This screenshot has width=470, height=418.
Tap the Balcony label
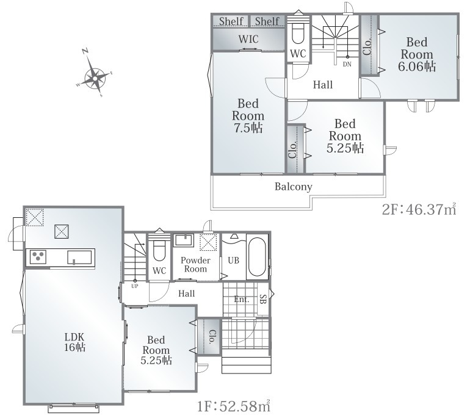click(294, 187)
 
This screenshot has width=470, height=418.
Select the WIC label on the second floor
click(248, 39)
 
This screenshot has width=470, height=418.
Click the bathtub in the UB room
click(257, 256)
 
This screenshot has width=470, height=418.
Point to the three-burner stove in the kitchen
click(38, 257)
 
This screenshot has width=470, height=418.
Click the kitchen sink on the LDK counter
click(79, 258)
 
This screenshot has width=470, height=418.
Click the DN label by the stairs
click(347, 65)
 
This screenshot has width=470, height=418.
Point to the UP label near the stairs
click(135, 286)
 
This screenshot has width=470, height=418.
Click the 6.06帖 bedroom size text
click(417, 67)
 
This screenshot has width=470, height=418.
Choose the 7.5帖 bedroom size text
click(248, 128)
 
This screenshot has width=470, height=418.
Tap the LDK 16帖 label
click(74, 342)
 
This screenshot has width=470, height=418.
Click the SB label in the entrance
click(263, 299)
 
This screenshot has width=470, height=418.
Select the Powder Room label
click(195, 265)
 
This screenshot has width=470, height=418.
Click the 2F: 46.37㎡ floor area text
click(419, 209)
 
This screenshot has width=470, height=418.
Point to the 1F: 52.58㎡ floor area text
click(234, 406)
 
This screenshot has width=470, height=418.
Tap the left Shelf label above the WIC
click(231, 21)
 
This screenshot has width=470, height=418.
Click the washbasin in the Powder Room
click(184, 240)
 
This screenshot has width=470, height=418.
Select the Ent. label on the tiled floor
click(242, 299)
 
